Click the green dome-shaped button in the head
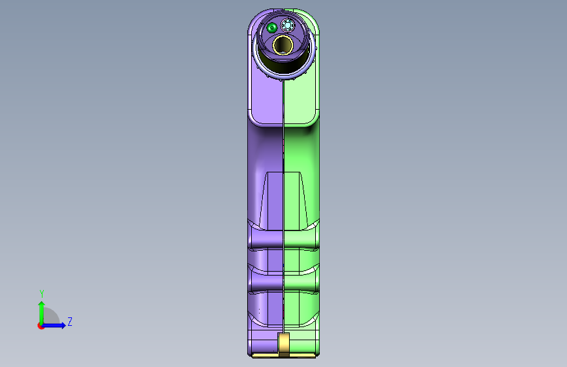[x=271, y=27]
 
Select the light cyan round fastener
[x=288, y=25]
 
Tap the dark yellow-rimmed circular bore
[x=283, y=45]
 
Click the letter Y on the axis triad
[x=42, y=294]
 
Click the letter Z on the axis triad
[x=70, y=321]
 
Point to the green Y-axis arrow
[x=42, y=313]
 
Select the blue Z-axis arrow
[x=54, y=325]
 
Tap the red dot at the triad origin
[x=41, y=326]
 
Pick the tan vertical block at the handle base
[x=284, y=345]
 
